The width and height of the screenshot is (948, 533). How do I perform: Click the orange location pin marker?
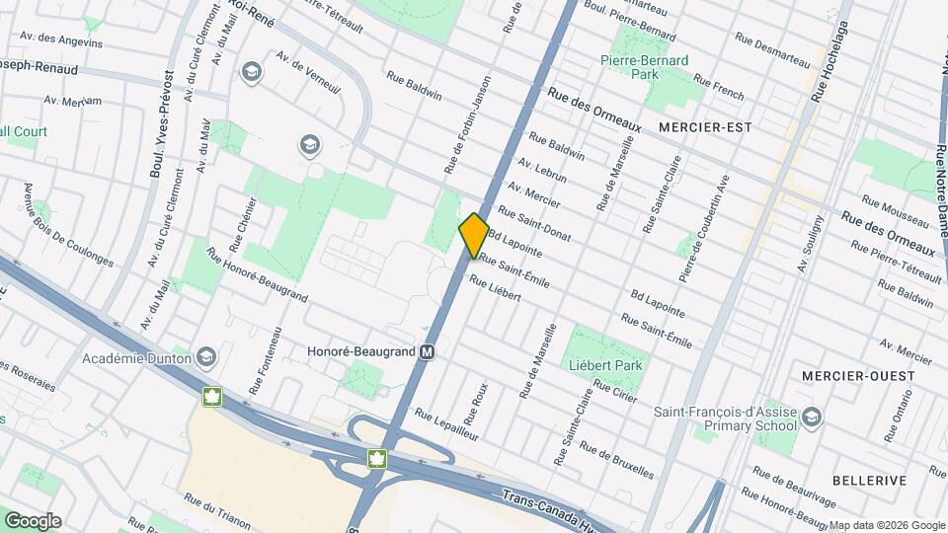(x=474, y=235)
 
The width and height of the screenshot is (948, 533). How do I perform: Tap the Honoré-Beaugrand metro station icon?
(x=428, y=351)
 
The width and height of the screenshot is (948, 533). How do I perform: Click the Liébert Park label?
(x=606, y=365)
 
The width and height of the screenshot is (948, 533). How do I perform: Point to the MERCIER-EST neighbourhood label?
(x=705, y=127)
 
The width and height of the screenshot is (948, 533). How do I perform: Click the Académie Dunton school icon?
(x=206, y=356)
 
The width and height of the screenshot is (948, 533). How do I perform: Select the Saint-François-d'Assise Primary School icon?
(x=812, y=416)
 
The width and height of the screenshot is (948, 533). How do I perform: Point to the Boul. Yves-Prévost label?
(x=161, y=123)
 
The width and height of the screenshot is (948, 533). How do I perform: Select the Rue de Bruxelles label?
(x=617, y=460)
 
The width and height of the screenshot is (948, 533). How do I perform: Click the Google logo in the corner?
(x=33, y=521)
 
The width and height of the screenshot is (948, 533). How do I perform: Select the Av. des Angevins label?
(x=60, y=40)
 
